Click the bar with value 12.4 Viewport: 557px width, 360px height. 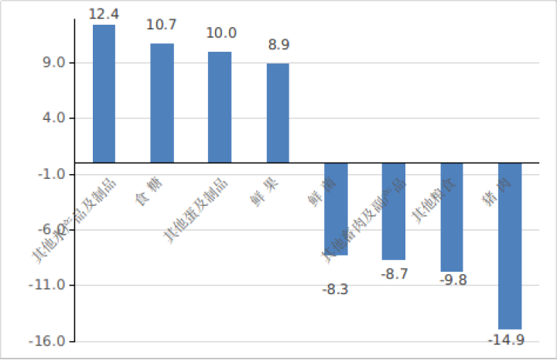pyautogui.click(x=104, y=93)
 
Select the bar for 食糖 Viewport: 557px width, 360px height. pyautogui.click(x=162, y=102)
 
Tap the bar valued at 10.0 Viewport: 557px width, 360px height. pyautogui.click(x=220, y=107)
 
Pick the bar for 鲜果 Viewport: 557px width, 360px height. pyautogui.click(x=278, y=112)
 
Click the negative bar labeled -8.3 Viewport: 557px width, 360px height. pyautogui.click(x=336, y=208)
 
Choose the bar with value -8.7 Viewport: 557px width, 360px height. pyautogui.click(x=394, y=211)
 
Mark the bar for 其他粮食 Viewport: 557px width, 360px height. pyautogui.click(x=452, y=217)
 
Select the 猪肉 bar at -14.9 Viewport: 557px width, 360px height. pyautogui.click(x=510, y=245)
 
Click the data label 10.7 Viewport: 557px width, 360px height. pyautogui.click(x=162, y=25)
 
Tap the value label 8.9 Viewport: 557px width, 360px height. pyautogui.click(x=278, y=44)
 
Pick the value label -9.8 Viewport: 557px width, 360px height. pyautogui.click(x=453, y=279)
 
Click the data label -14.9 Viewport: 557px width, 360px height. pyautogui.click(x=507, y=340)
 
